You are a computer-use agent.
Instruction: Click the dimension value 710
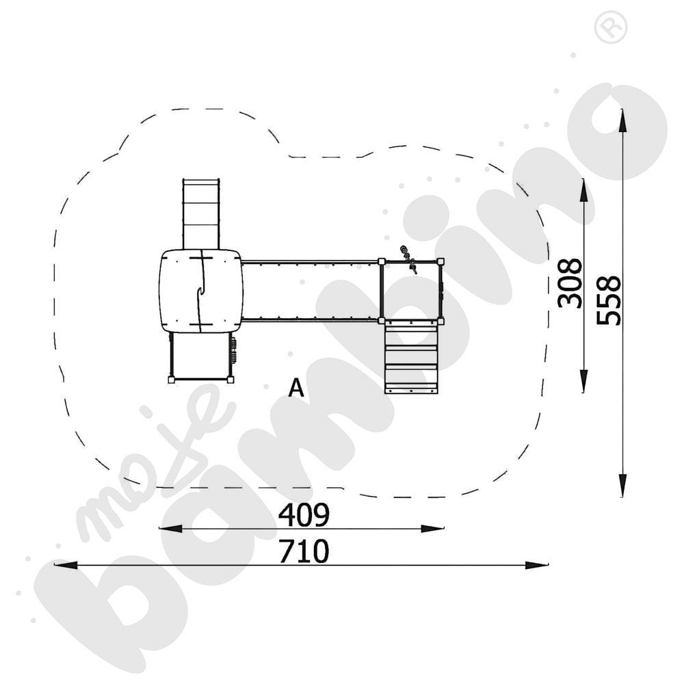tap(304, 551)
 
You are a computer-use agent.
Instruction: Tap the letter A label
tap(295, 389)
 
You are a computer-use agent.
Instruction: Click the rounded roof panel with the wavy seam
tap(200, 291)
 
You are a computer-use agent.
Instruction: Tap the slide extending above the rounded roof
tap(201, 212)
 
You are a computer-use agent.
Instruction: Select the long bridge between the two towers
tap(311, 290)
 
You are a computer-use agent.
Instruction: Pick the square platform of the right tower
tap(410, 290)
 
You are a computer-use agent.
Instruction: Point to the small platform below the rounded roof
tap(199, 356)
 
